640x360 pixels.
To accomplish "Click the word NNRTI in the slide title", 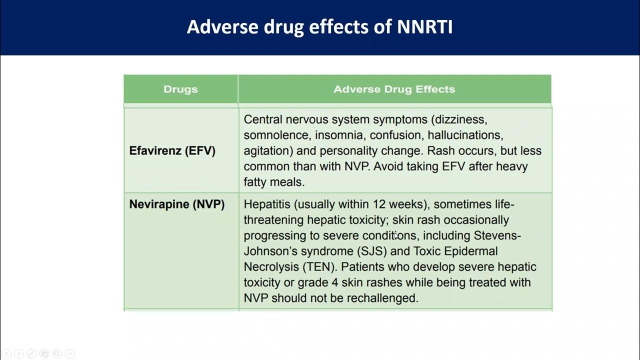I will point(424,27).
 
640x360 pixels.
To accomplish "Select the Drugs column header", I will point(180,89).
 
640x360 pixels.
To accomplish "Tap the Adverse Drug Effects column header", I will point(394,89).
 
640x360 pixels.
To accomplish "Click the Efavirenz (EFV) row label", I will point(172,151).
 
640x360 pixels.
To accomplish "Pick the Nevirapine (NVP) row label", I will point(176,204).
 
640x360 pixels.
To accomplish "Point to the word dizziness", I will point(461,120).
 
